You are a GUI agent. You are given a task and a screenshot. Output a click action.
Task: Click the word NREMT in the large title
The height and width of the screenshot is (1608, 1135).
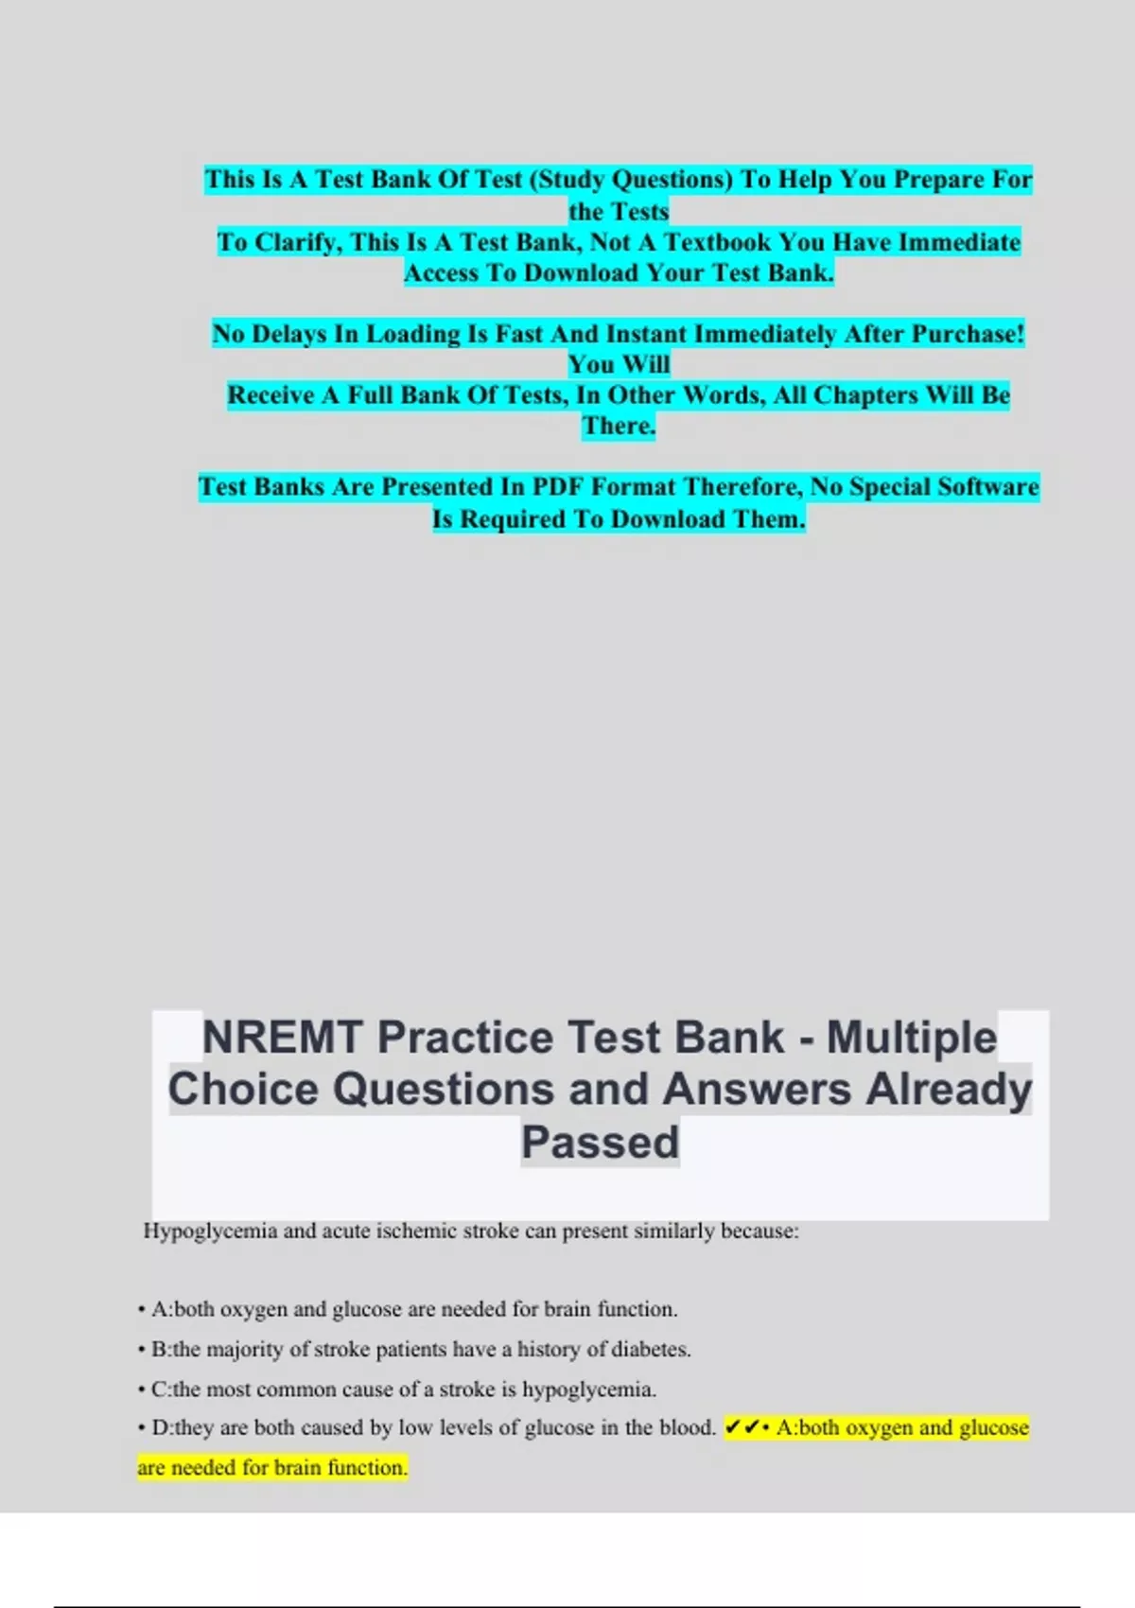(283, 1038)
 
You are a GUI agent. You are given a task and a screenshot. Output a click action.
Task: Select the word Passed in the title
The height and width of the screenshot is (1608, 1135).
(600, 1142)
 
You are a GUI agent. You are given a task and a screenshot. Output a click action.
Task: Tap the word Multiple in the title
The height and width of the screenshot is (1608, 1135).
(912, 1038)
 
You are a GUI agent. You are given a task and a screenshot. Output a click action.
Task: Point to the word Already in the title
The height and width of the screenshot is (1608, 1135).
(949, 1089)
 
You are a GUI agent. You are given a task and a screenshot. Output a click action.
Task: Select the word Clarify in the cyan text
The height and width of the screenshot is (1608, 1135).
(297, 242)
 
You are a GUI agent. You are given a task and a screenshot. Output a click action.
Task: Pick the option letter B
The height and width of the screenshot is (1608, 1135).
(159, 1350)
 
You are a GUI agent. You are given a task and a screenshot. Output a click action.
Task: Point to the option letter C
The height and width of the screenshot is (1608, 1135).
(159, 1390)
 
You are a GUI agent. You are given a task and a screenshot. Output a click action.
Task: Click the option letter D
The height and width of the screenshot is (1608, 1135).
(159, 1428)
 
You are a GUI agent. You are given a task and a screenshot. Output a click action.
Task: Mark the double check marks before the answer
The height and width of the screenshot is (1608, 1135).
(742, 1427)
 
